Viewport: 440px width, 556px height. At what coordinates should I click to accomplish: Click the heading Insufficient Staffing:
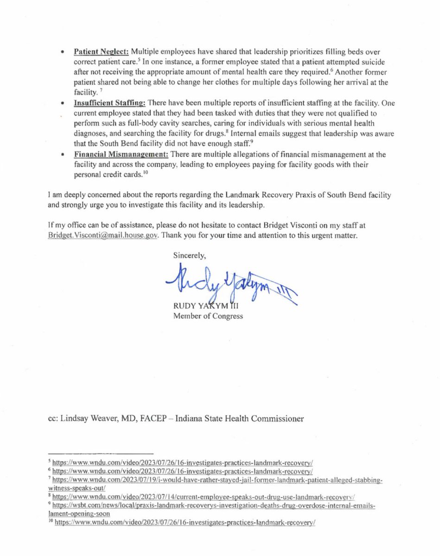(x=109, y=104)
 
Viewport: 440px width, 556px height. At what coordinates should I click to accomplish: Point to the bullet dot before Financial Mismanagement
(x=62, y=154)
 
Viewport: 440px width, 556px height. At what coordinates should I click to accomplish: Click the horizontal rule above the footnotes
(x=101, y=453)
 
